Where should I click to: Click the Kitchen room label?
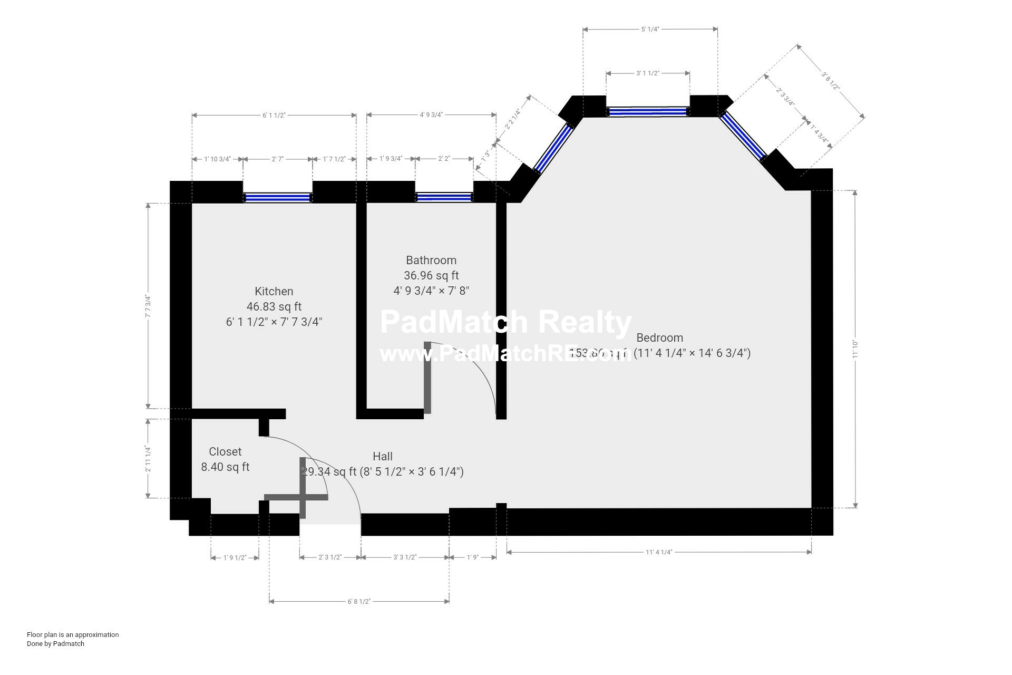click(x=274, y=291)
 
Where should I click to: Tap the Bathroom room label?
click(x=431, y=260)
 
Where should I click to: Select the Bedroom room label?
click(x=659, y=337)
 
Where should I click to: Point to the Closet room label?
click(x=225, y=451)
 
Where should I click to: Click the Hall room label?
click(x=382, y=456)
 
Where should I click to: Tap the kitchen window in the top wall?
click(x=277, y=198)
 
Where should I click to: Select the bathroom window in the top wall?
click(x=444, y=197)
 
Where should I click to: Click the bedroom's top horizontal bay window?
click(x=648, y=111)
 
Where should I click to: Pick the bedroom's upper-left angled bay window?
click(x=553, y=148)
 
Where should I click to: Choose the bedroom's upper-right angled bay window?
click(x=744, y=136)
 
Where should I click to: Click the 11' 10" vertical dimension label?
click(x=855, y=349)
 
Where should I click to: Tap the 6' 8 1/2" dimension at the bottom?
click(x=359, y=601)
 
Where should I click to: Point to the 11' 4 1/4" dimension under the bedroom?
click(x=659, y=552)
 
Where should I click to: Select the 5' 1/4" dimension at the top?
click(x=650, y=29)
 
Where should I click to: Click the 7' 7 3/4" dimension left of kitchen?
click(x=148, y=306)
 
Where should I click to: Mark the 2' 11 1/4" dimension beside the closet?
click(x=148, y=459)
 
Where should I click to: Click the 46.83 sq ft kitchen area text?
click(x=274, y=306)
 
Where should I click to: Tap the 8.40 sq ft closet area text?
click(x=225, y=467)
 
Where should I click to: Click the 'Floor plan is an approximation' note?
click(x=73, y=634)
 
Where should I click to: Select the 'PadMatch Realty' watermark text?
click(x=505, y=322)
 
